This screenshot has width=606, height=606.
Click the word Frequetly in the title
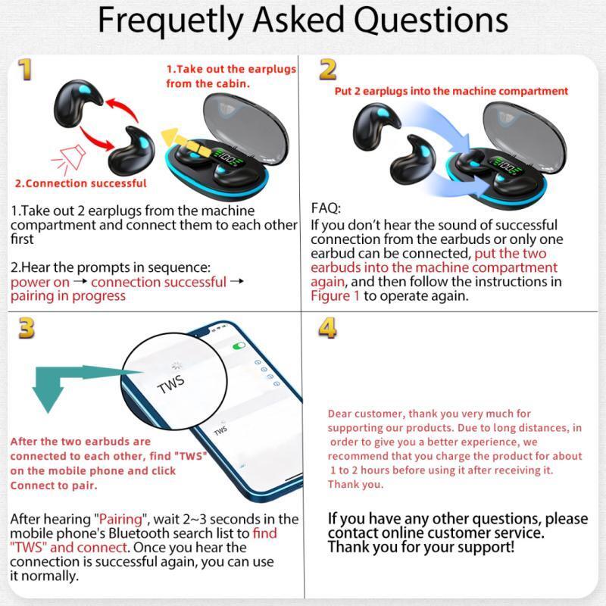[170, 21]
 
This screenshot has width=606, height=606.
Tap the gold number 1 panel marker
[25, 70]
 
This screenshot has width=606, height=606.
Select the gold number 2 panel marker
[328, 70]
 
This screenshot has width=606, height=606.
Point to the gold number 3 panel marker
[27, 328]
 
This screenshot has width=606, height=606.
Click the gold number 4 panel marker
[327, 328]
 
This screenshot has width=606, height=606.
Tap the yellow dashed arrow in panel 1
[186, 142]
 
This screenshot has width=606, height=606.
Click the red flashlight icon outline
[69, 159]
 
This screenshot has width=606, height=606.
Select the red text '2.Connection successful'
[81, 183]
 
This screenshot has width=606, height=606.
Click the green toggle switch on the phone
[239, 346]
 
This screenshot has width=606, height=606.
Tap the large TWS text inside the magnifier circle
[171, 384]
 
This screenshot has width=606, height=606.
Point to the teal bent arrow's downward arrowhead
[48, 399]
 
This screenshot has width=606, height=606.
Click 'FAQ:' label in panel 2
[326, 208]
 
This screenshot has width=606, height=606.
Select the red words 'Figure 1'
[335, 296]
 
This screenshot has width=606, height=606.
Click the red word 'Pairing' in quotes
[121, 519]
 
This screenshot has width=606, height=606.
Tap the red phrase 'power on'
[40, 283]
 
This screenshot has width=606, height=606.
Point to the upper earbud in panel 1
[77, 102]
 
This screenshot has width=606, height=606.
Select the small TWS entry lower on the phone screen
[220, 430]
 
